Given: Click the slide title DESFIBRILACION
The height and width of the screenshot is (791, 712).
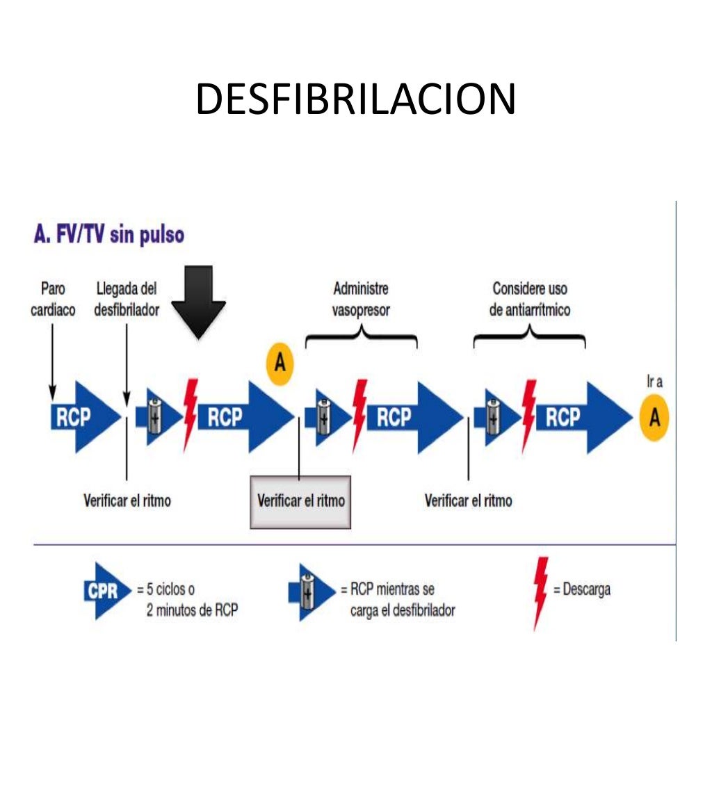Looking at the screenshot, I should point(355,99).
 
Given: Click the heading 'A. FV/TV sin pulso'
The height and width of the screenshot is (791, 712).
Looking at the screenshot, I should point(108,235).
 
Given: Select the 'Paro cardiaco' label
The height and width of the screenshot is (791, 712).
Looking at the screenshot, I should point(53,299).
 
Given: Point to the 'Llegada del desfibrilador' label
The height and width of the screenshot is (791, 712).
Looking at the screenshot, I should point(127,299).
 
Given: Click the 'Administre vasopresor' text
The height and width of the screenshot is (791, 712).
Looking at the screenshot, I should point(361,299).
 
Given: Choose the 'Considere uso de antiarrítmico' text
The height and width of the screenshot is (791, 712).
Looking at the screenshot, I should point(529,299).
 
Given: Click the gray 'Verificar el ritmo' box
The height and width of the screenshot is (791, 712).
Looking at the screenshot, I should point(300,501).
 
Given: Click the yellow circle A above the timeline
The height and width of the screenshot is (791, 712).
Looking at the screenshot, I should point(280,364).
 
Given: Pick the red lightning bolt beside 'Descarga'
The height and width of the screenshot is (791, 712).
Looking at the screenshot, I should point(540,593).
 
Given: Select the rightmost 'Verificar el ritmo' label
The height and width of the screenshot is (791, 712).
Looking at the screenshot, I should point(468,500).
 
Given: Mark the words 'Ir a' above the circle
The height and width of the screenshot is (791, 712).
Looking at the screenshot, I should point(654,383).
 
